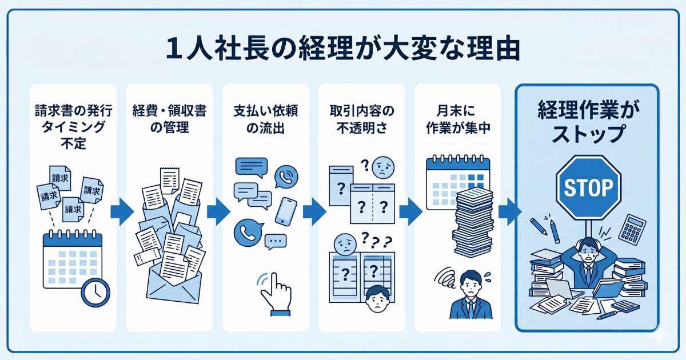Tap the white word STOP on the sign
click(x=588, y=187)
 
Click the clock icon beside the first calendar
click(x=95, y=292)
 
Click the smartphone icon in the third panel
click(x=285, y=211)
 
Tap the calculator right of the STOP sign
click(x=632, y=229)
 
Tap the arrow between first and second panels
click(x=121, y=211)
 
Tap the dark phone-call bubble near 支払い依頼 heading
click(x=286, y=177)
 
